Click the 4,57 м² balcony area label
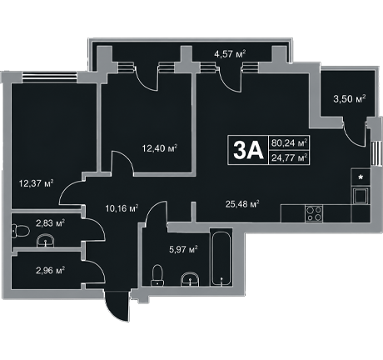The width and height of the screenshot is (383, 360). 230,53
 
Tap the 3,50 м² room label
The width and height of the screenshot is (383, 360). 350,99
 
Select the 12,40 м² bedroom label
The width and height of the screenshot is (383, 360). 160,148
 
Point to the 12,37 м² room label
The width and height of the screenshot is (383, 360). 36,183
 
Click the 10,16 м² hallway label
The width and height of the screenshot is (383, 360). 122,208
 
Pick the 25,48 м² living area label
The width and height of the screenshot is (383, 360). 242,204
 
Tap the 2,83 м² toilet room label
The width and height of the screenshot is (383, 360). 50,222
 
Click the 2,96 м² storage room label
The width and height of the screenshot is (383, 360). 50,270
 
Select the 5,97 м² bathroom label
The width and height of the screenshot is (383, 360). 183,249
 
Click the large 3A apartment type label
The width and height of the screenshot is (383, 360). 248,150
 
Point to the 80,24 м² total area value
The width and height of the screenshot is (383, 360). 289,143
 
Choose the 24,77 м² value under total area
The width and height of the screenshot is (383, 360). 289,158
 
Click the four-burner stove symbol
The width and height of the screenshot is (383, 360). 314,213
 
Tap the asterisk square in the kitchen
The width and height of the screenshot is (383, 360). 361,177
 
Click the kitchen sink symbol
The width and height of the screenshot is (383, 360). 361,196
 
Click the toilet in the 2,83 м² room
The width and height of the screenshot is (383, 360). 21,231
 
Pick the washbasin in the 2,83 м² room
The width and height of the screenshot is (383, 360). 46,240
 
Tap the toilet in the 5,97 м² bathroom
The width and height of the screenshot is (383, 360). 157,275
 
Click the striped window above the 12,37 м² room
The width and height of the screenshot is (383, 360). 49,77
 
